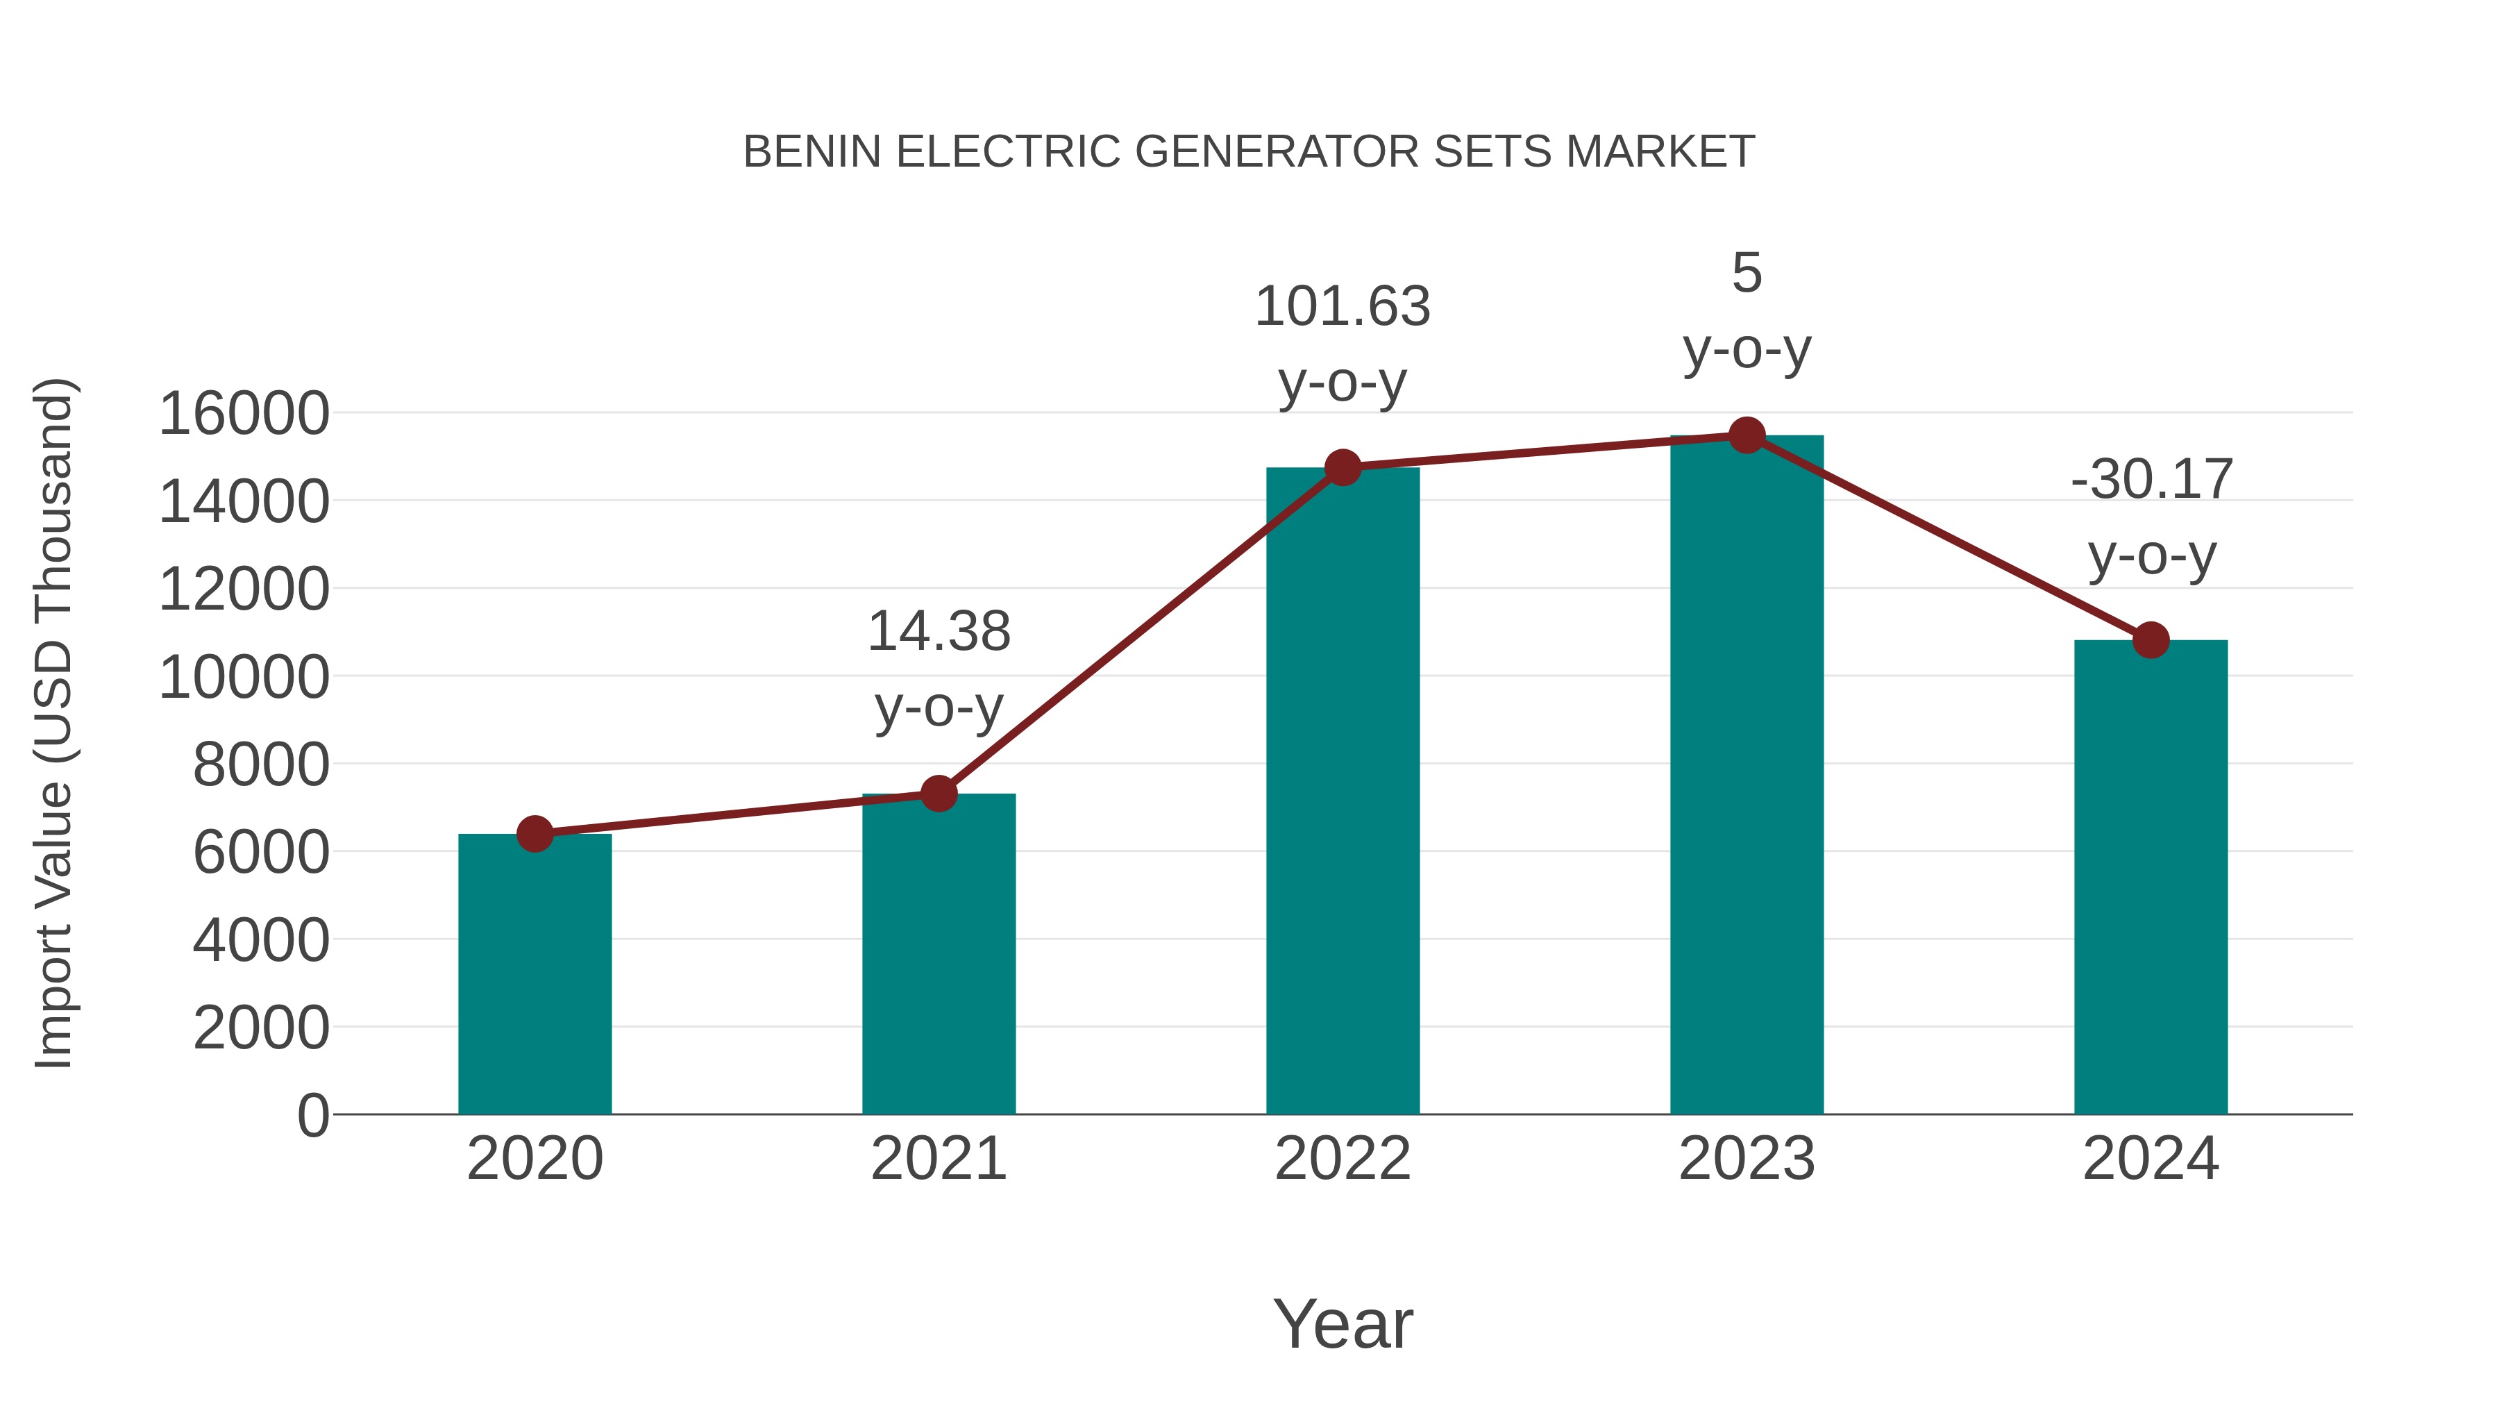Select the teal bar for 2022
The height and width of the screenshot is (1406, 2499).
tap(1343, 791)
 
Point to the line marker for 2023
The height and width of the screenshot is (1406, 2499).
tap(1747, 435)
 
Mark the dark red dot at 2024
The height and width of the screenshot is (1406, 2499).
tap(2151, 639)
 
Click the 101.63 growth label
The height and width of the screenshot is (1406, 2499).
tap(1342, 307)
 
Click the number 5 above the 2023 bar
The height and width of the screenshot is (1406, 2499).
tap(1747, 273)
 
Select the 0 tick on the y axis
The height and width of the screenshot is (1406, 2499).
tap(312, 1115)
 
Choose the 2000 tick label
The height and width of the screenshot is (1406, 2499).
tap(261, 1028)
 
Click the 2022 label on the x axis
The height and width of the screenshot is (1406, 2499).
tap(1342, 1159)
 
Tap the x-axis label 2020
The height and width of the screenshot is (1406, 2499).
tap(535, 1159)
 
